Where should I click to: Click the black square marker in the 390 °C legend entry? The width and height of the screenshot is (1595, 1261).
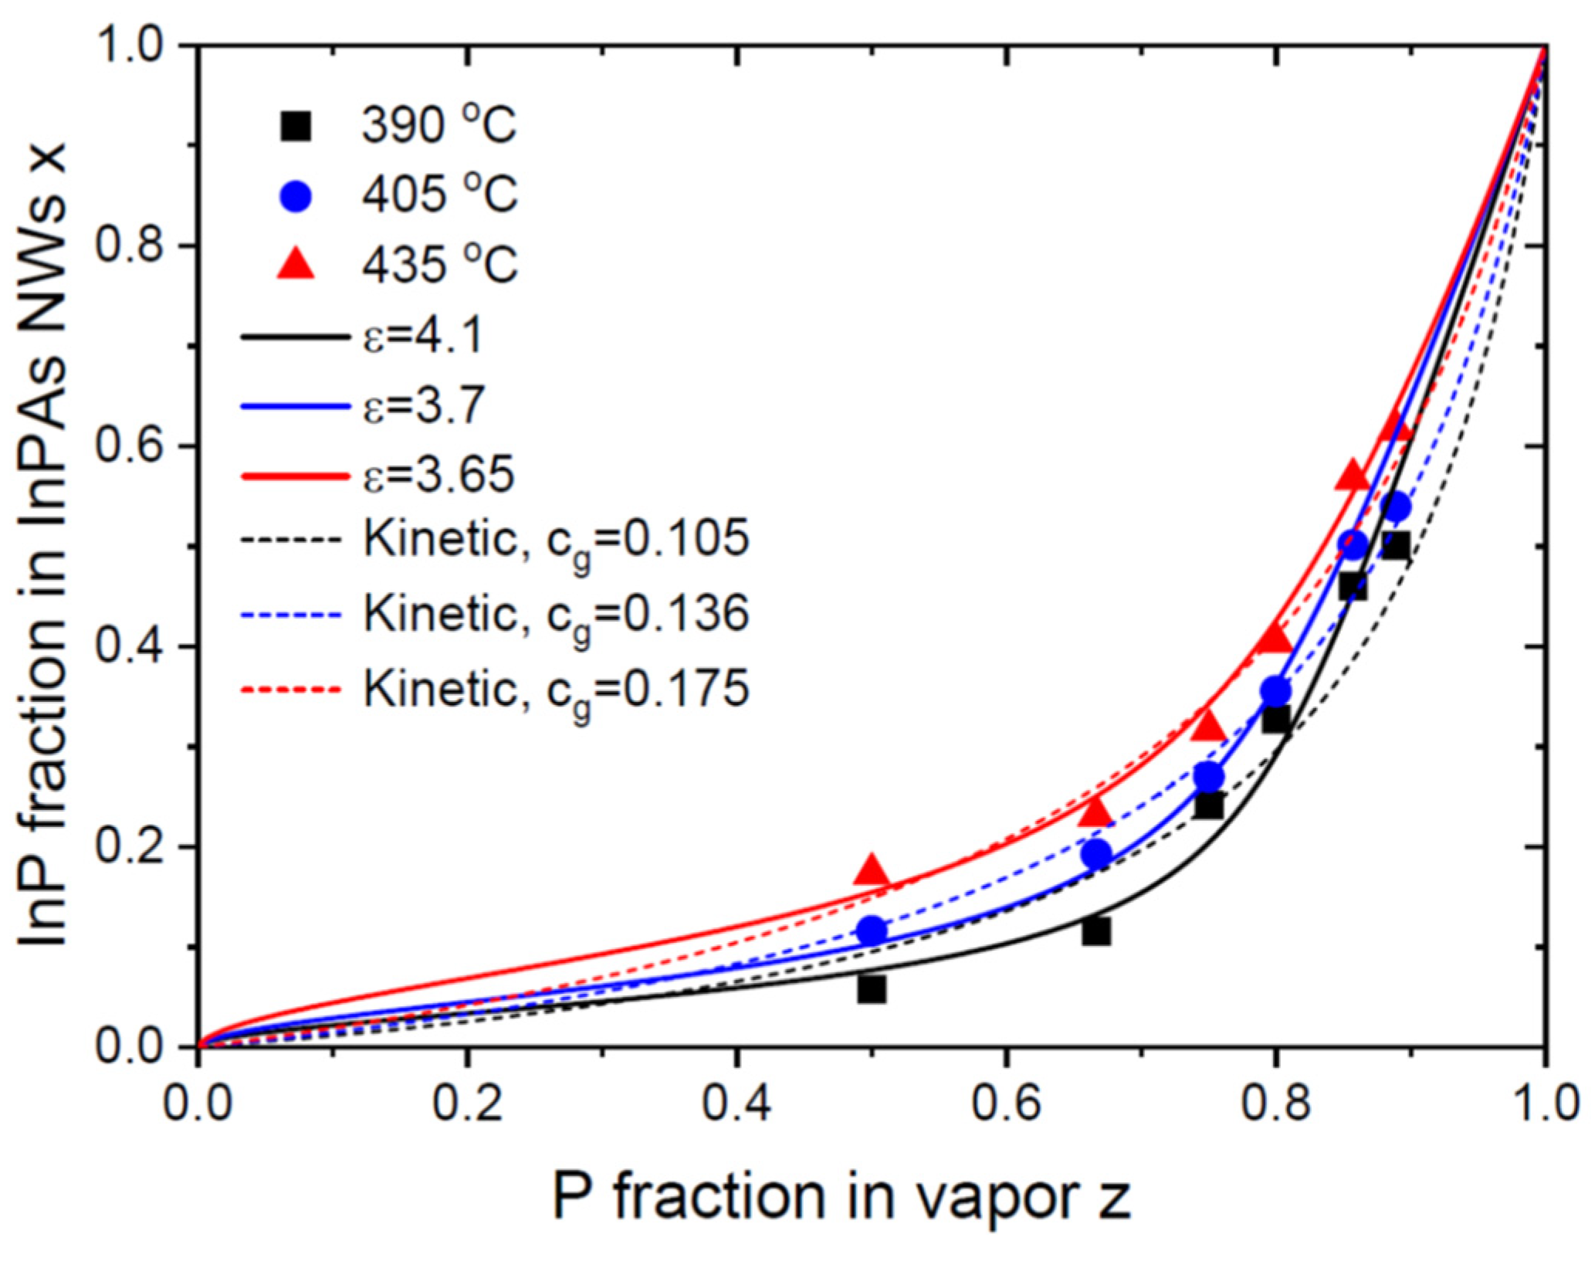coord(295,126)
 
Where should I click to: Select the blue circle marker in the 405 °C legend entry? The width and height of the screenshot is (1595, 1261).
coord(295,195)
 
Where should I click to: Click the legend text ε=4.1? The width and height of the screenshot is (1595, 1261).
coord(423,336)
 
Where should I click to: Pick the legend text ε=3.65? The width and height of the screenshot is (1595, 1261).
coord(439,474)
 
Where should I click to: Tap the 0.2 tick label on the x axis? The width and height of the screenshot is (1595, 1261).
coord(467,1104)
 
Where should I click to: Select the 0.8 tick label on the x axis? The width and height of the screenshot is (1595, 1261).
coord(1275,1104)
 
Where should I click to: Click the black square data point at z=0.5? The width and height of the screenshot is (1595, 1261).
coord(872,989)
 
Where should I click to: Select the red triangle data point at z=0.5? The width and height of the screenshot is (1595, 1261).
coord(872,871)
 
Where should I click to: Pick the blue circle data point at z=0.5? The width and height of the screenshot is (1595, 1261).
coord(872,930)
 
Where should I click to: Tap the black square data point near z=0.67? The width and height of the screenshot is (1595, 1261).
coord(1096,931)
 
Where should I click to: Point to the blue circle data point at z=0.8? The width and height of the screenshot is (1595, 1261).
coord(1276,691)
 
